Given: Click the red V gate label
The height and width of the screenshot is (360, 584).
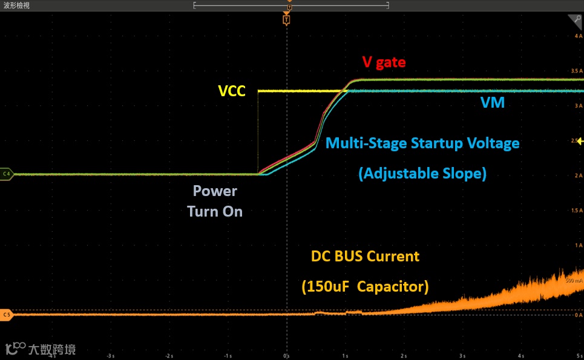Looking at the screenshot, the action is pos(384,62).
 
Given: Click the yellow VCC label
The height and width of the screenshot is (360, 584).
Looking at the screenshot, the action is pos(231,91).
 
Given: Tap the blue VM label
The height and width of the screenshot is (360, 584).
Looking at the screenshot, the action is pos(493,103).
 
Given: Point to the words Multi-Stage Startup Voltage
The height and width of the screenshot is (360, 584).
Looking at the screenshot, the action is pos(422,144).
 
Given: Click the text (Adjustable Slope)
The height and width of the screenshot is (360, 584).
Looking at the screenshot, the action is pos(422,174).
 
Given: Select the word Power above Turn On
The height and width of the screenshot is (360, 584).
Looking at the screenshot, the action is pos(215,191).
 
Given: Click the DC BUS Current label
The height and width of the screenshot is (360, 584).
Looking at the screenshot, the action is pos(365,257).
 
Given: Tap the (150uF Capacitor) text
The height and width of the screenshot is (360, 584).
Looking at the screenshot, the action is pos(365,287).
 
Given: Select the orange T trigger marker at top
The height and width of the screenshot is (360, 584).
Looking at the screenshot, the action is pos(286,20).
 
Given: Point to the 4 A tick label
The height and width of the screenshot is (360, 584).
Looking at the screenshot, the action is pos(578,36).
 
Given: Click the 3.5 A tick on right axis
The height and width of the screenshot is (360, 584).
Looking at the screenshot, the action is pos(576,71).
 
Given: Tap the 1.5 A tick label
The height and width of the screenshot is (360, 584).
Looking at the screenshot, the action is pos(576,211).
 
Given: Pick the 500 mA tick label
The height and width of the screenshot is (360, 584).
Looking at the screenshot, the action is pos(574,281).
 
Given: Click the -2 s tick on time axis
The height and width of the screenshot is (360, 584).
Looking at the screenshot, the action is pos(169,356).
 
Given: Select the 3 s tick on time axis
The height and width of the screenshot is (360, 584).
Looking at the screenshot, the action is pos(462,356).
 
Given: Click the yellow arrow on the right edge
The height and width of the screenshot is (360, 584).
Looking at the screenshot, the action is pos(580,142).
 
